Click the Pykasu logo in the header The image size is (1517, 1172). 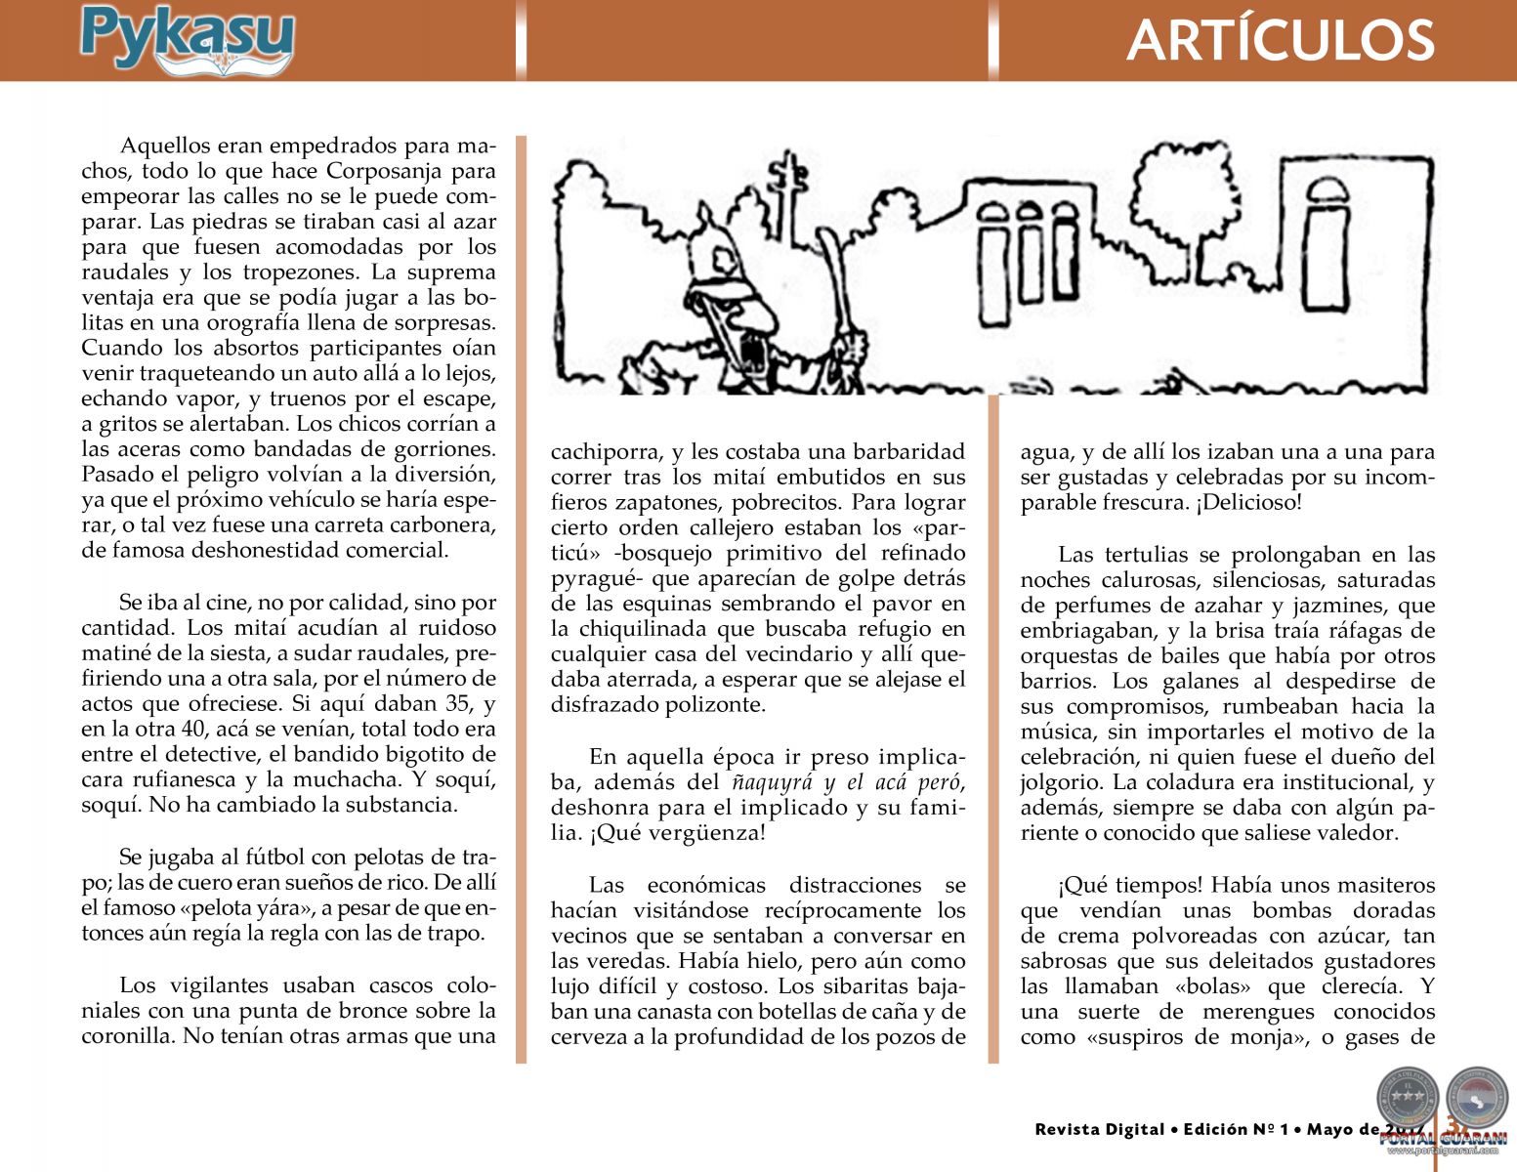187,39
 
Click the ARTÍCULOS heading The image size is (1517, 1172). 1280,41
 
